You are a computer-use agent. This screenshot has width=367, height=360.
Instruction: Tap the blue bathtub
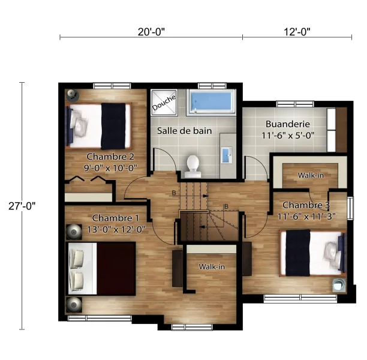tap(211, 102)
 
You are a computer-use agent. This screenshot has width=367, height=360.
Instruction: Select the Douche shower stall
tap(164, 102)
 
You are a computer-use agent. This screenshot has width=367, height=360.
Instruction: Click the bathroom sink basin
tap(226, 155)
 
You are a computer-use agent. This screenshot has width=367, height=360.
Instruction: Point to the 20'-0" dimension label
tap(151, 32)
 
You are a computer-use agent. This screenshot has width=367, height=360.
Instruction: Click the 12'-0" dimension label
tap(297, 32)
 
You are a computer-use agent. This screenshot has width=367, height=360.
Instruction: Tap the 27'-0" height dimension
tap(22, 206)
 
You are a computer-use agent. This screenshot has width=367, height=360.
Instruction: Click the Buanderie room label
tap(288, 124)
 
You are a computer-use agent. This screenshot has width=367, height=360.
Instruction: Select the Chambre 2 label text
tap(110, 157)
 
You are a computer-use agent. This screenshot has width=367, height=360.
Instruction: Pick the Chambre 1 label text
tap(116, 218)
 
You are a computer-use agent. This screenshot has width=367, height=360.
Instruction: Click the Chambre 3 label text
tap(306, 205)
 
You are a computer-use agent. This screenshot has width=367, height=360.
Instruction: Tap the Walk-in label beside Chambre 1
tap(212, 266)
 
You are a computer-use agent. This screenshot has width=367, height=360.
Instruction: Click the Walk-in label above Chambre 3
tap(311, 175)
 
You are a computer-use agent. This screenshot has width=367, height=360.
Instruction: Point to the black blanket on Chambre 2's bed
tap(113, 126)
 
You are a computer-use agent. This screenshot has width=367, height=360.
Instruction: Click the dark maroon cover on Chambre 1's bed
tap(116, 269)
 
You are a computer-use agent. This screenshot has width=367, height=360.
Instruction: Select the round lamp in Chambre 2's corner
tap(72, 95)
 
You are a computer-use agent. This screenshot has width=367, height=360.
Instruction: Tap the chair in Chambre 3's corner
tap(339, 285)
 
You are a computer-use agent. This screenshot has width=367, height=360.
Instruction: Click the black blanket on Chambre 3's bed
tap(298, 253)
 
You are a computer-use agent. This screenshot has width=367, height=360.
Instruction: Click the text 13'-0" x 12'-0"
tap(116, 229)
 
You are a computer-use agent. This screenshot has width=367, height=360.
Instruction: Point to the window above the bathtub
tap(212, 86)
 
